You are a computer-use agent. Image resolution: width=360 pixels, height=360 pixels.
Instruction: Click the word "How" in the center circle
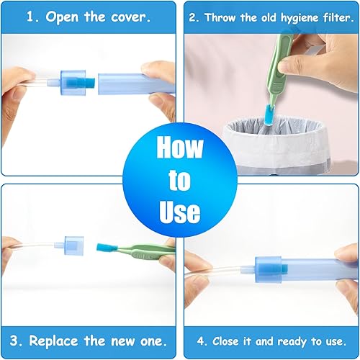(x=179, y=148)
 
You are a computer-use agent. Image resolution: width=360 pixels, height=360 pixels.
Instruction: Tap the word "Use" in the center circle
(x=179, y=212)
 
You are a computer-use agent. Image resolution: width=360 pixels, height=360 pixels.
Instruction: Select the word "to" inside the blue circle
(x=179, y=180)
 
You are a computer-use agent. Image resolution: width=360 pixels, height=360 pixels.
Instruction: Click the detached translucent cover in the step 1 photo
(x=130, y=81)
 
